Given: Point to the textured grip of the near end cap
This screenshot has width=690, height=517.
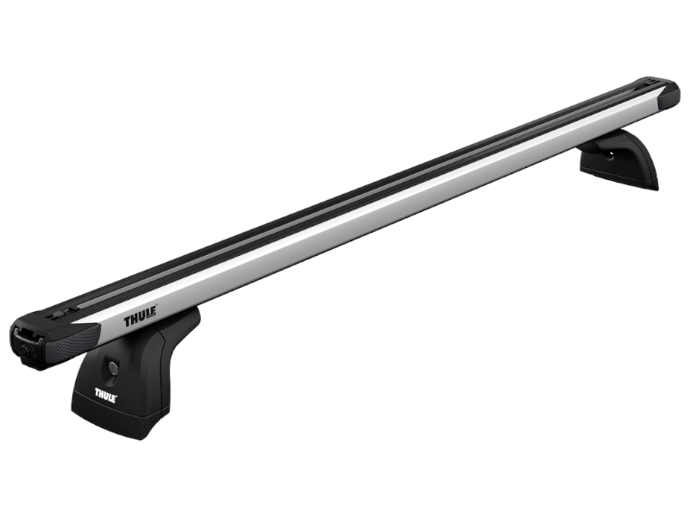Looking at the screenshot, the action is point(76,339).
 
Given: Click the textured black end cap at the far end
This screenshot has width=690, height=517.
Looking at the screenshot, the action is point(668,93).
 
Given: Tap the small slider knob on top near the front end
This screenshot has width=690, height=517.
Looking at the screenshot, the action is point(59,315).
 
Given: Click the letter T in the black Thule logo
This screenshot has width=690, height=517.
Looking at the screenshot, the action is point(128,322).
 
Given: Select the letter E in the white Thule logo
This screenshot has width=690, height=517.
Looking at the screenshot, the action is point(114,399).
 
